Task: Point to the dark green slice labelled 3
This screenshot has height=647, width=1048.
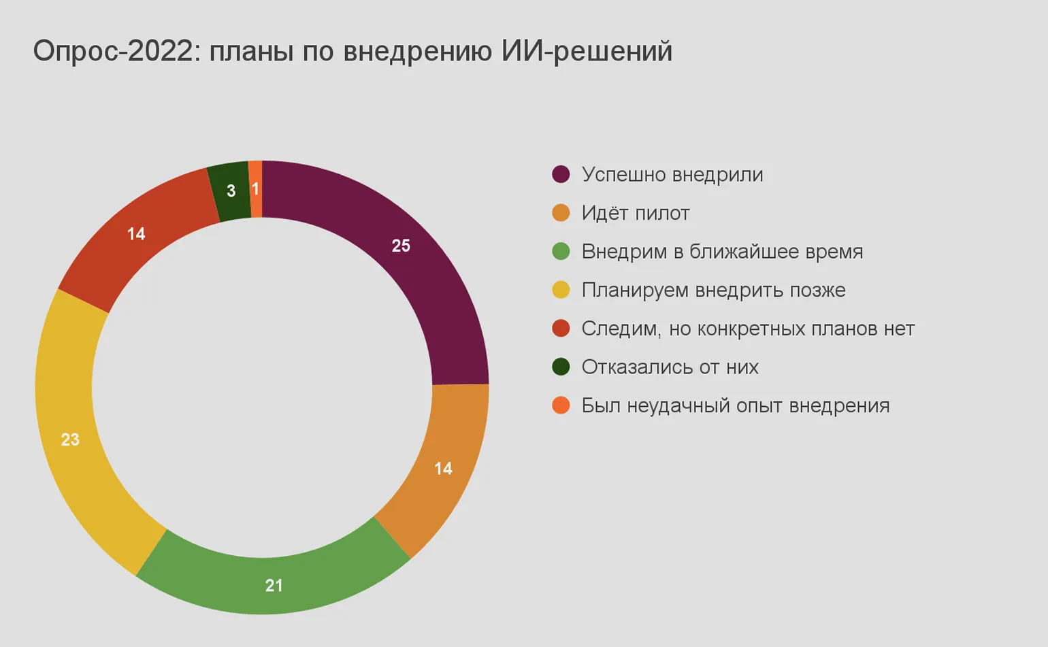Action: [230, 191]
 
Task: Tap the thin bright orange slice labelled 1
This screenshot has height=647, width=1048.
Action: [256, 189]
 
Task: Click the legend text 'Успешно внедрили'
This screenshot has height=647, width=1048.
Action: [672, 175]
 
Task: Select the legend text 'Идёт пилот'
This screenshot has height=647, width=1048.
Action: [635, 214]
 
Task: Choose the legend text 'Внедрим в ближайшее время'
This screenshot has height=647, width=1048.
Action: [721, 252]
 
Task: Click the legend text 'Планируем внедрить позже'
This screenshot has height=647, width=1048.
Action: [713, 291]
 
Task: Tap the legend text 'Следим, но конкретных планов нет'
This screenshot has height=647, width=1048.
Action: [747, 329]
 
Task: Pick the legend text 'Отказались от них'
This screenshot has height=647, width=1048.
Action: [670, 367]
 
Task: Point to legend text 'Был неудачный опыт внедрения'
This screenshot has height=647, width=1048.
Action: [735, 406]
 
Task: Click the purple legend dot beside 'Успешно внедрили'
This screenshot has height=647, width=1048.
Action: [561, 174]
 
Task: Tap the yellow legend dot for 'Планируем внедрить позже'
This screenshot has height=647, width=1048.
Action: [561, 290]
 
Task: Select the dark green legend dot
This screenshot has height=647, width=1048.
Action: [561, 367]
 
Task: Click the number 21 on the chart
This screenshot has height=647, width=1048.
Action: [274, 585]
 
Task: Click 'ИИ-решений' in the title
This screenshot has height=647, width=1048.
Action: [587, 52]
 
